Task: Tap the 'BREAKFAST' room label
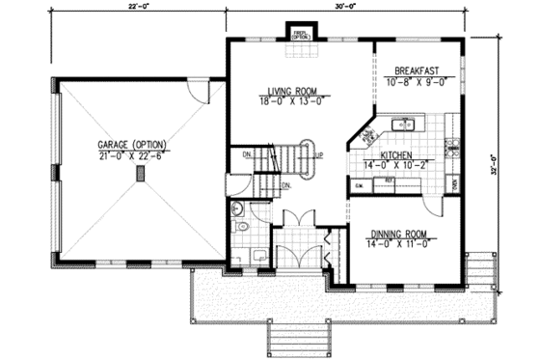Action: (418, 70)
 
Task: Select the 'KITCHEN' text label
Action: (397, 154)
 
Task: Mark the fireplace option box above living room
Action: (302, 35)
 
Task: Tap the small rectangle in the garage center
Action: (141, 174)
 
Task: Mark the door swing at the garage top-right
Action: (199, 93)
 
